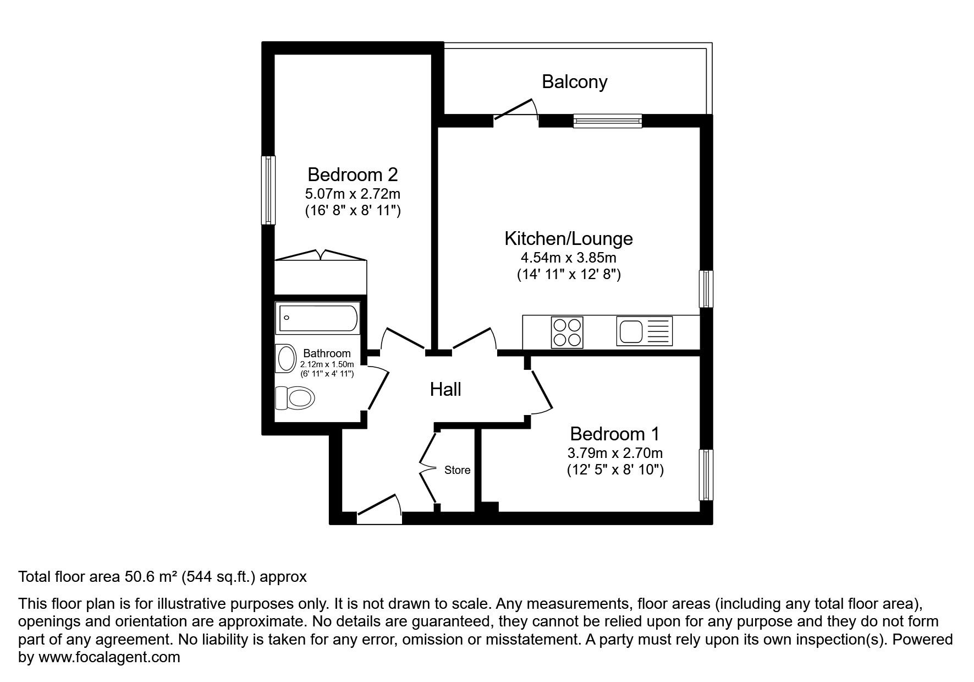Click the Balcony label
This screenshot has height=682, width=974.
tap(574, 81)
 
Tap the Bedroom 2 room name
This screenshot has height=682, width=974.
tap(352, 174)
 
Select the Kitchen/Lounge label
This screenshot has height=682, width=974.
tap(568, 238)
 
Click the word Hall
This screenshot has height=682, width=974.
tap(445, 390)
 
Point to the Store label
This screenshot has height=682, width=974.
tap(457, 470)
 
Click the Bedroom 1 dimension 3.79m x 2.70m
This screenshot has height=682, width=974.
tap(614, 453)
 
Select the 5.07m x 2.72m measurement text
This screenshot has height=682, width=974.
tap(352, 194)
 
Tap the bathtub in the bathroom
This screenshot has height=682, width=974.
tap(318, 318)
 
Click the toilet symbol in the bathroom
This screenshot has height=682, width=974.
tap(295, 397)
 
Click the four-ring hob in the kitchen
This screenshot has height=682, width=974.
tap(566, 332)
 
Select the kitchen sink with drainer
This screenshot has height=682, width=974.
tap(644, 331)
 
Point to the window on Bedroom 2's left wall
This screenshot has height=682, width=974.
tap(268, 190)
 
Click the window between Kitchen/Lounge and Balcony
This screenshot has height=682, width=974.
tap(607, 121)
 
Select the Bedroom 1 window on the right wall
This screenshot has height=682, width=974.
tap(706, 474)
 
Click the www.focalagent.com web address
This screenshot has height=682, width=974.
tap(109, 657)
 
